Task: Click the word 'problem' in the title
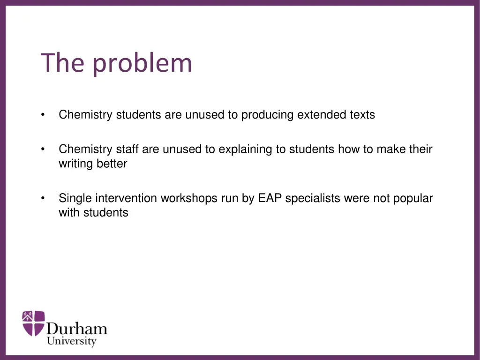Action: [142, 64]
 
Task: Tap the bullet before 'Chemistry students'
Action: [43, 115]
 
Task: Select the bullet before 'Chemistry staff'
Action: [43, 150]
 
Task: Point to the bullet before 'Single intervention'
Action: [43, 198]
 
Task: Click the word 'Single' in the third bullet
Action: [74, 198]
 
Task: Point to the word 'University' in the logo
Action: [71, 341]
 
